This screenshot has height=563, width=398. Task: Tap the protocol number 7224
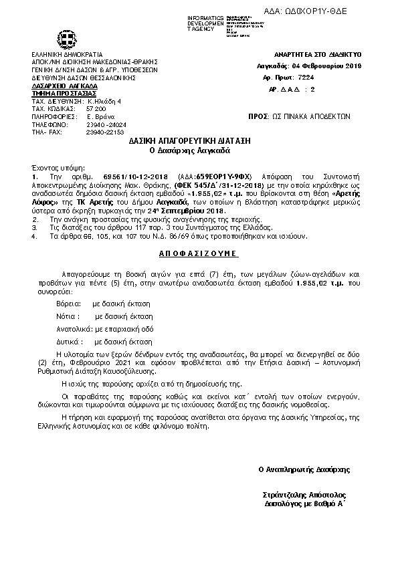point(325,78)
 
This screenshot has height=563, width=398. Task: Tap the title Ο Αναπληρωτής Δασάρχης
point(304,469)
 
